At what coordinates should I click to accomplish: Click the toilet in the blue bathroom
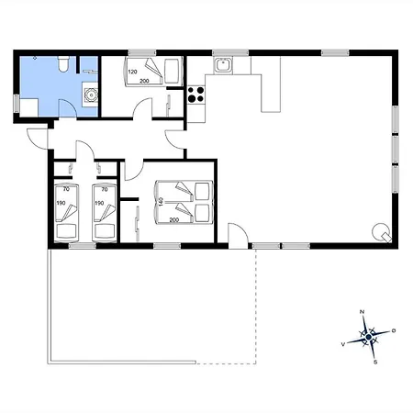[x=63, y=64]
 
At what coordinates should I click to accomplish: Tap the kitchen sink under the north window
[x=223, y=65]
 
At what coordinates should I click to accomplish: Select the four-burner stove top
[x=195, y=95]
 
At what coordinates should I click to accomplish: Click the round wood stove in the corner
[x=382, y=232]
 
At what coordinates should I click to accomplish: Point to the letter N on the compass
[x=362, y=312]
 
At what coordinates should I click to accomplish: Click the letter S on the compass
[x=375, y=363]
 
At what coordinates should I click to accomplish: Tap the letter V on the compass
[x=343, y=344]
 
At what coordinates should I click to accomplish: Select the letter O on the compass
[x=394, y=330]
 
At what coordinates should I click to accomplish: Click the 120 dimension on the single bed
[x=132, y=72]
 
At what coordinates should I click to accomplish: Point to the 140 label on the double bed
[x=161, y=201]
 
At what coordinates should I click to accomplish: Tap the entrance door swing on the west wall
[x=38, y=139]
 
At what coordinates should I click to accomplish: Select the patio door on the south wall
[x=238, y=236]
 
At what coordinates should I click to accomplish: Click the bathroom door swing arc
[x=67, y=108]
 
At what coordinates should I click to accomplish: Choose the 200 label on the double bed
[x=174, y=220]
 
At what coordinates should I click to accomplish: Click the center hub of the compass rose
[x=369, y=337]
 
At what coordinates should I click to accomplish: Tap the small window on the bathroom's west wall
[x=17, y=104]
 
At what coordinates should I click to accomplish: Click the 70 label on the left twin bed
[x=66, y=189]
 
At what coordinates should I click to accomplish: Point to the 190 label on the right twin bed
[x=99, y=203]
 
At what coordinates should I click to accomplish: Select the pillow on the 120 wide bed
[x=173, y=72]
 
